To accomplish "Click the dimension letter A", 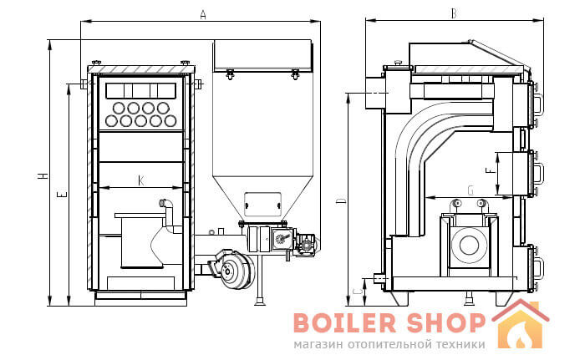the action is click(x=202, y=14).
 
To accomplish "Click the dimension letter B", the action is click(x=453, y=13).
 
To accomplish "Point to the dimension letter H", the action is click(x=43, y=175).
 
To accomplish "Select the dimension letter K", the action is click(x=140, y=180).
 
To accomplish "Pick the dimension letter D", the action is click(x=341, y=201).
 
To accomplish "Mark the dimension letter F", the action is click(x=490, y=170).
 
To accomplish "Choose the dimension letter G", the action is click(x=471, y=190).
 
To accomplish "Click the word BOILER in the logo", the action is click(x=344, y=322).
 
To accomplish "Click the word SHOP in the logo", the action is click(x=445, y=322).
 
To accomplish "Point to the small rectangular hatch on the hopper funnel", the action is click(x=262, y=204).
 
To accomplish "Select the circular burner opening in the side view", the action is click(x=470, y=245).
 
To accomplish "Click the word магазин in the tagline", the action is click(x=318, y=344).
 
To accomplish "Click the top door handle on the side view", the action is click(x=537, y=104).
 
